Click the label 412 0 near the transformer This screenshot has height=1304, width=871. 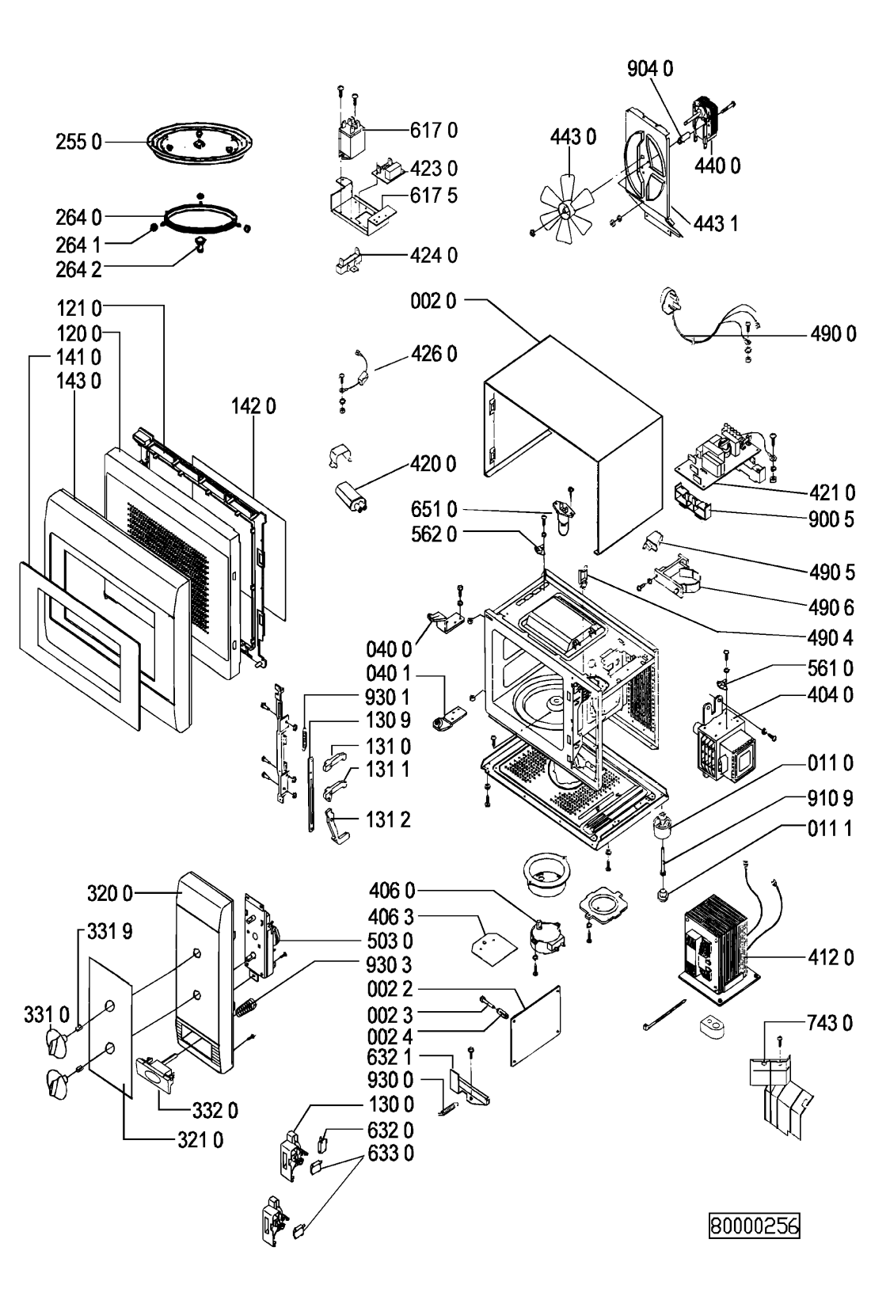pyautogui.click(x=831, y=958)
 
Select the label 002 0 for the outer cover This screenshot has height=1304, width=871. pyautogui.click(x=434, y=302)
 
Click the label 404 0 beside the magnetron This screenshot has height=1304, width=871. pyautogui.click(x=831, y=696)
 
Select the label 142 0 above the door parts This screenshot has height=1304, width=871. pyautogui.click(x=253, y=407)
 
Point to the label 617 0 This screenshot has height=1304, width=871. pyautogui.click(x=434, y=130)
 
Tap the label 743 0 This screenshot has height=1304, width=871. pyautogui.click(x=831, y=1024)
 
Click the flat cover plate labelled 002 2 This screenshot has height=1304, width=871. pyautogui.click(x=536, y=1025)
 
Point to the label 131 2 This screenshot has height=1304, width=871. pyautogui.click(x=388, y=819)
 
